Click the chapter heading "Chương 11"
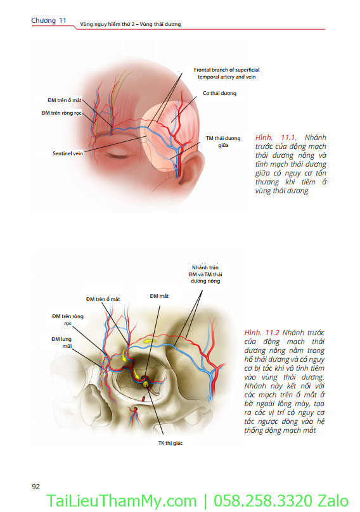49,20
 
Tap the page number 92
36,487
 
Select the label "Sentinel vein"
68,153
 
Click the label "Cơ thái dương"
219,93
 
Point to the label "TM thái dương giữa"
223,142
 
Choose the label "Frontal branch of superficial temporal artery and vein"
226,73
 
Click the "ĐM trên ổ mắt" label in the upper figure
65,100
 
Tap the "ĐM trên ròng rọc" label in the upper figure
61,113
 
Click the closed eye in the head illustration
117,155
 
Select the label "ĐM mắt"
159,296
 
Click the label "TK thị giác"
170,443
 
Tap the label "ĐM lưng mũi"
61,343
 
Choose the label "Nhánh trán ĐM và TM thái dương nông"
205,274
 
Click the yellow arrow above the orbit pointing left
150,342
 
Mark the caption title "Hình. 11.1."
276,138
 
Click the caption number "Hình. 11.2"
262,333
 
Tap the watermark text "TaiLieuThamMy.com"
121,501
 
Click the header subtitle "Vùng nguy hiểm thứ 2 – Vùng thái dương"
131,24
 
